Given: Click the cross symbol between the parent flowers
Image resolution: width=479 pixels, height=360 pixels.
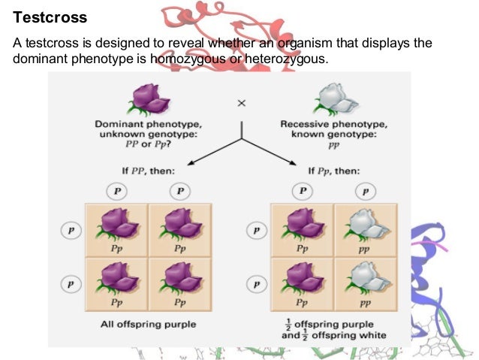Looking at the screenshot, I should point(241,104).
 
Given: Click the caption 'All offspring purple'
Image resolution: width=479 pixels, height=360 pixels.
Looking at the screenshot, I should point(149,324).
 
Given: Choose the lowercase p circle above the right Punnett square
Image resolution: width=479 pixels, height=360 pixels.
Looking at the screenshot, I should point(365,191).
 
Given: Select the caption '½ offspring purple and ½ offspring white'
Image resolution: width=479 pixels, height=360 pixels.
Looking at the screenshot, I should point(333,329).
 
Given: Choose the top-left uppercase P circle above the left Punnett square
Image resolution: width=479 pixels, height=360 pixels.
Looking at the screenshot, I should point(117,191).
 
